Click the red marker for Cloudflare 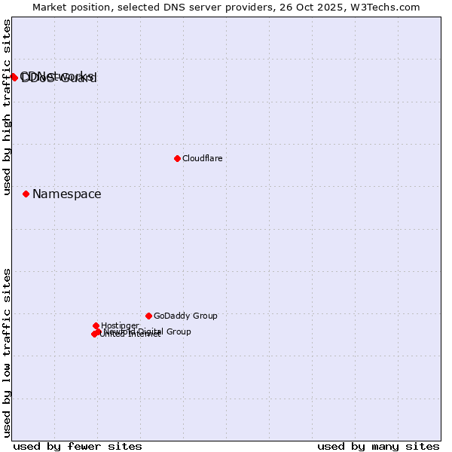point(177,158)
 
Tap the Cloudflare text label point(202,158)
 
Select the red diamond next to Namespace point(26,194)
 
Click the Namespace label point(66,194)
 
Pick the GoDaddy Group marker point(148,316)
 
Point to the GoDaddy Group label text point(185,316)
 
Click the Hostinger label point(120,326)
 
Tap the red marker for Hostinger point(96,325)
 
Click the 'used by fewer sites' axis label point(78,446)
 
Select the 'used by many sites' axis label point(378,446)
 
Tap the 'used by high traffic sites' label point(7,107)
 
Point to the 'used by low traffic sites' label point(7,353)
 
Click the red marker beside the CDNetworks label point(14,77)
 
